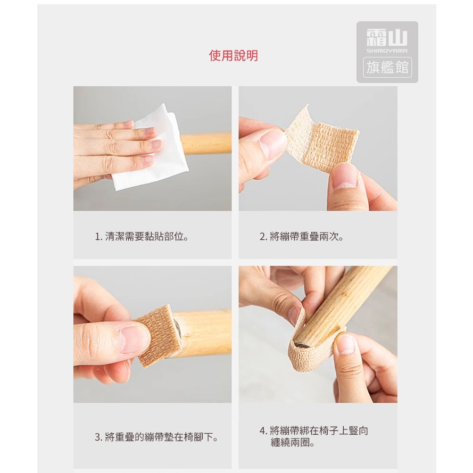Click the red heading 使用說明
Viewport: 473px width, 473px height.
coord(234,56)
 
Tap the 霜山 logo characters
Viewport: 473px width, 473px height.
coord(387,38)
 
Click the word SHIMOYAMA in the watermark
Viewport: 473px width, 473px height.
coord(387,51)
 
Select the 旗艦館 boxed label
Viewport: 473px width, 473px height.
coord(387,67)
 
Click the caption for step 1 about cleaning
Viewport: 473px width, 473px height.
coord(142,236)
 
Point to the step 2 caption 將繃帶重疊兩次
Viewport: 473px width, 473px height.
coord(302,236)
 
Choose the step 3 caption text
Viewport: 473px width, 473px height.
coord(156,437)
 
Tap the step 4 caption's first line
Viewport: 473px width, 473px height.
coord(314,430)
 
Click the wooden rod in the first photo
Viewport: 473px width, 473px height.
coord(206,144)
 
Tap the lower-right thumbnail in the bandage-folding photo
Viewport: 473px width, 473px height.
coord(344,177)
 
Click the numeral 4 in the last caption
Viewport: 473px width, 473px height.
coord(262,431)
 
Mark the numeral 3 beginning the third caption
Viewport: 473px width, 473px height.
coord(97,437)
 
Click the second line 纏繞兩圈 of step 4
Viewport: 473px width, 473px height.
coord(293,443)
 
